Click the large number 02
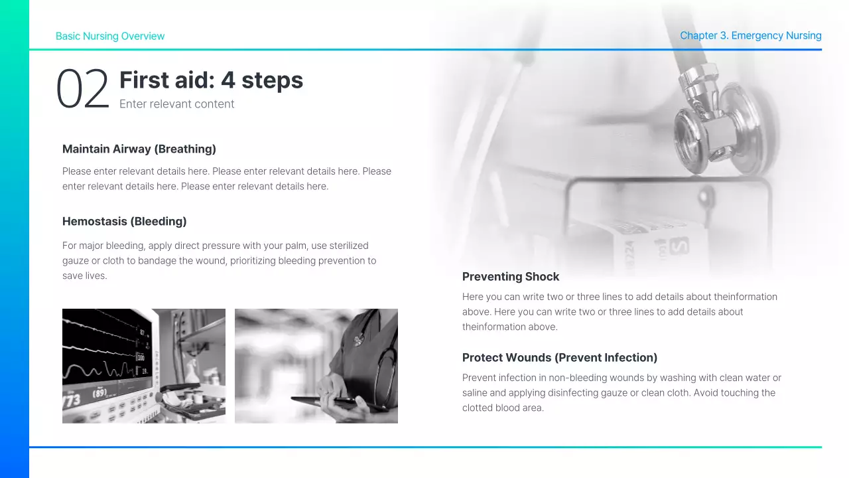click(x=82, y=89)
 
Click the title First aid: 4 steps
click(x=211, y=80)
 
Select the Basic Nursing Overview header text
click(x=110, y=37)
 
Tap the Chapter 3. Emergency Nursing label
click(x=750, y=36)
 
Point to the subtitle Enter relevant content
click(x=176, y=104)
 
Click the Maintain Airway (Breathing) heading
click(x=139, y=149)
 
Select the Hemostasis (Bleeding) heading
click(x=124, y=222)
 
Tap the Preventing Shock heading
click(x=511, y=277)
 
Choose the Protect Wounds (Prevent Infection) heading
click(x=559, y=358)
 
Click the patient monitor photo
click(x=143, y=366)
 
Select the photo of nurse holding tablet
click(x=316, y=366)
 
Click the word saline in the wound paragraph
click(x=476, y=393)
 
